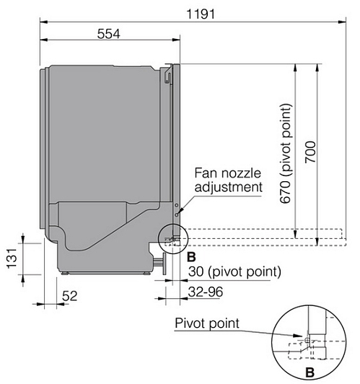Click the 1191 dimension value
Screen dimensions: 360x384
tap(201, 14)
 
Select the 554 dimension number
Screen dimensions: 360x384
tap(109, 34)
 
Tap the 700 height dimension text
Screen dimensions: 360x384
tap(310, 152)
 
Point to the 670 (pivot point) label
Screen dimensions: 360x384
tap(286, 154)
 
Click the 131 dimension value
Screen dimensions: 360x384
tap(12, 258)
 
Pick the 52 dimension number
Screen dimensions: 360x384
tap(69, 296)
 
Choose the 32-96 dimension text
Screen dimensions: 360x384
tap(206, 292)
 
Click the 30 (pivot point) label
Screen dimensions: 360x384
tap(234, 272)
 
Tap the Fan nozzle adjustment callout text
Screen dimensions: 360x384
tap(228, 180)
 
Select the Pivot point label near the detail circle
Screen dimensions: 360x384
tap(207, 323)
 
